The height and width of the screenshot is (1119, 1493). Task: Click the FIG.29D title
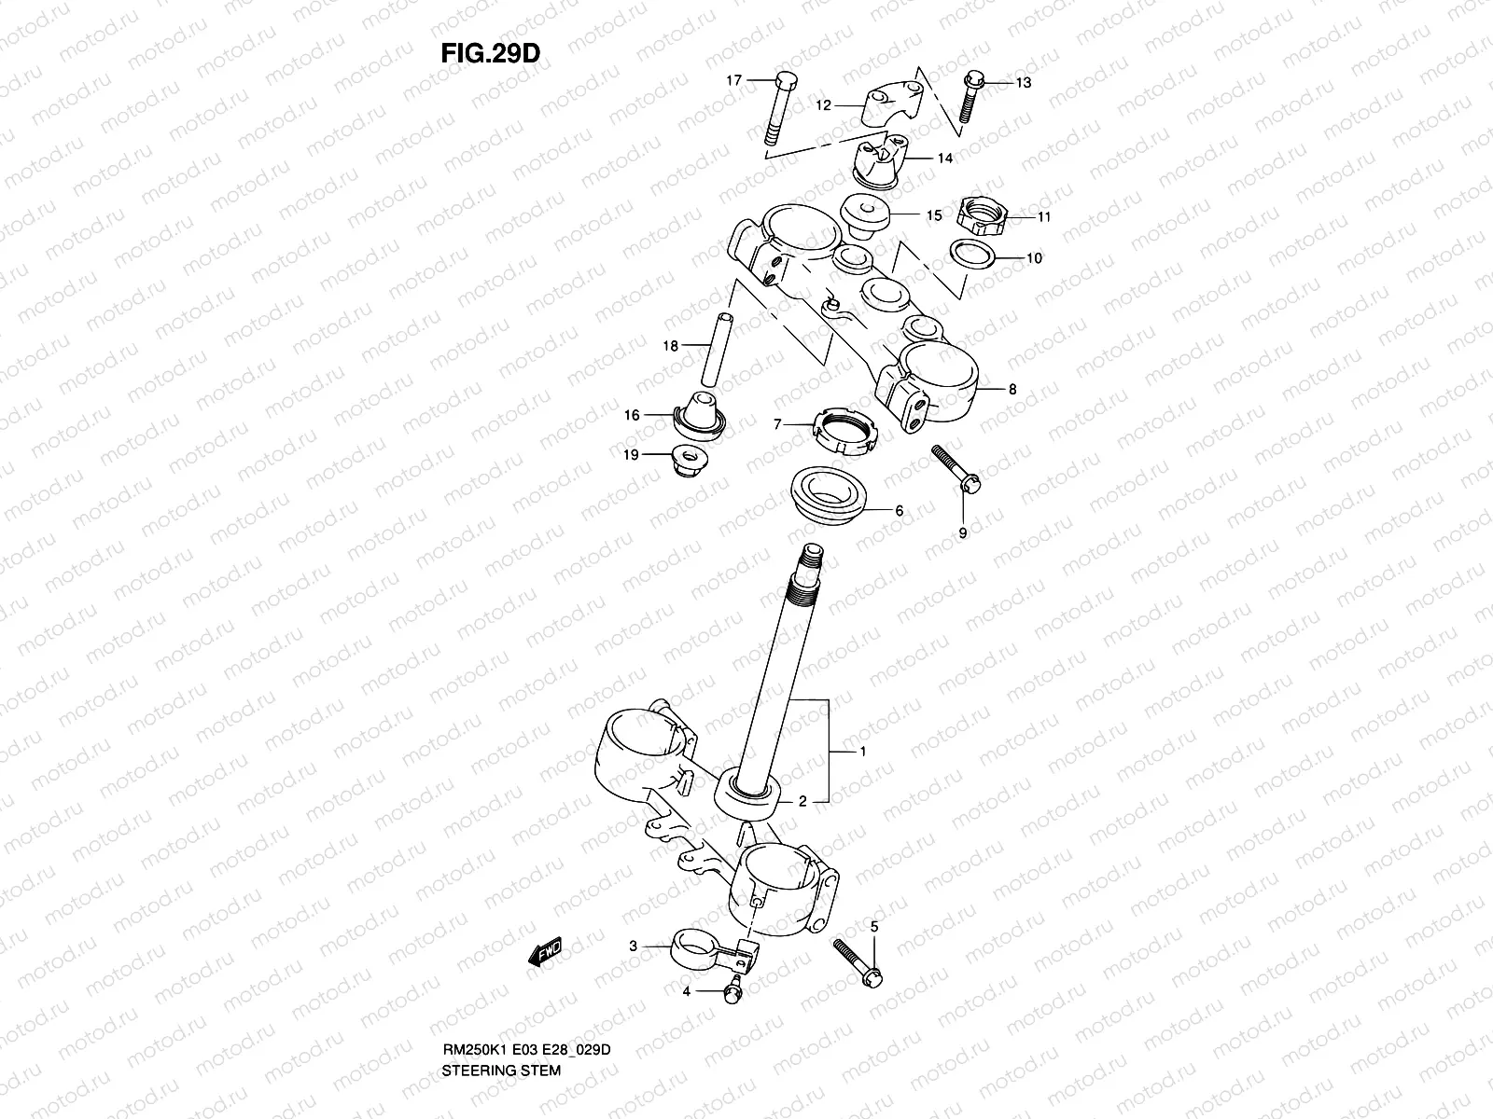tap(490, 53)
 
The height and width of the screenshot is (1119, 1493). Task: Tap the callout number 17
tap(734, 81)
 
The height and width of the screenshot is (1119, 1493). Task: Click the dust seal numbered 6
tap(830, 493)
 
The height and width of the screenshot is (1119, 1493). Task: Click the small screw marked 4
tap(733, 989)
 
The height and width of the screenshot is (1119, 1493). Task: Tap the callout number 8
tap(1012, 391)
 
